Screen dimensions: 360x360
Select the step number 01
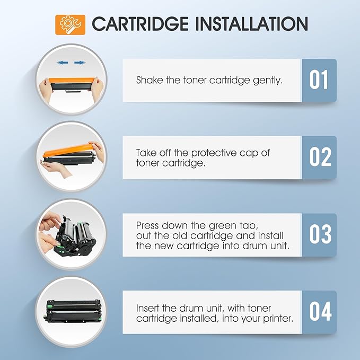tap(319, 80)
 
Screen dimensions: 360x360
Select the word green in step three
tap(224, 225)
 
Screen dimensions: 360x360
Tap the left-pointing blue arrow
tap(63, 63)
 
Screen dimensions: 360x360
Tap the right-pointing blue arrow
tap(80, 63)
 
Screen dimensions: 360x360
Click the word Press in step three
tap(147, 225)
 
